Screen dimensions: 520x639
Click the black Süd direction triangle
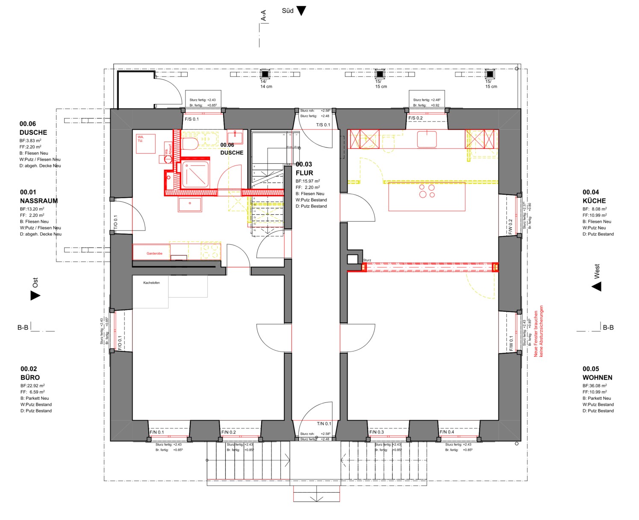coord(301,11)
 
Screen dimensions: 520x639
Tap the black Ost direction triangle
coord(35,295)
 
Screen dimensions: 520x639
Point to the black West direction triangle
coord(597,286)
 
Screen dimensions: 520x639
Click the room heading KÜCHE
coord(594,201)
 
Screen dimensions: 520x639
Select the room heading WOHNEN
coord(597,378)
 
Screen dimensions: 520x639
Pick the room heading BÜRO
coord(30,378)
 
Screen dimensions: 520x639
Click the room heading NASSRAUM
coord(38,201)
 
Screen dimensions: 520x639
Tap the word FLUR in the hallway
coord(304,173)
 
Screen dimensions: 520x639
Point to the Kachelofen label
coord(151,283)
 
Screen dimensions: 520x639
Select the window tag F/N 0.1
coord(156,432)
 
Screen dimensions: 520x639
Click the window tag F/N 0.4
coord(447,432)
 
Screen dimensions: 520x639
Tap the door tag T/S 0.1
coord(323,125)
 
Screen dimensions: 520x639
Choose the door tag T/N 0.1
coord(324,424)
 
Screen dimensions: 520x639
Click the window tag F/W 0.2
coord(510,227)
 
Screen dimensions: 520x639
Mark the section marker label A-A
coord(264,16)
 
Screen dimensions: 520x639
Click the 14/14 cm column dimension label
coord(266,84)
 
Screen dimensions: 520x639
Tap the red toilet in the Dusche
coord(190,143)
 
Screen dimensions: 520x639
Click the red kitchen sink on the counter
coord(427,139)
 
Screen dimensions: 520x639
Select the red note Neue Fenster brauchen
coord(536,334)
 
